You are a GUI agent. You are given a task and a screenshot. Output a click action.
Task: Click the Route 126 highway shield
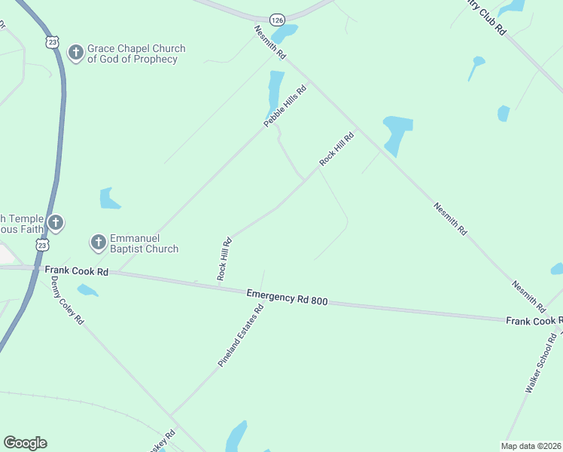pyautogui.click(x=278, y=20)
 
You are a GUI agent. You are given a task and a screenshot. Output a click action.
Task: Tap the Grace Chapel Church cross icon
pyautogui.click(x=75, y=52)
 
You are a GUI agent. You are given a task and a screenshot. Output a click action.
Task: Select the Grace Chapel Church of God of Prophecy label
pyautogui.click(x=136, y=53)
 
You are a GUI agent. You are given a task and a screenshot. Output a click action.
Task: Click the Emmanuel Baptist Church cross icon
pyautogui.click(x=98, y=242)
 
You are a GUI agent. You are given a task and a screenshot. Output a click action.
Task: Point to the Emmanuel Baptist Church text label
pyautogui.click(x=145, y=243)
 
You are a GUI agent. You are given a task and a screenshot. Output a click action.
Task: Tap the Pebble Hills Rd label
pyautogui.click(x=285, y=105)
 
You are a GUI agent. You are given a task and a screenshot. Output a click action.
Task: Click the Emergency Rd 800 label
pyautogui.click(x=288, y=298)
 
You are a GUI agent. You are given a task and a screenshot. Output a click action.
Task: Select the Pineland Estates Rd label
pyautogui.click(x=241, y=335)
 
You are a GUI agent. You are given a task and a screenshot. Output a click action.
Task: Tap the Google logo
pyautogui.click(x=25, y=443)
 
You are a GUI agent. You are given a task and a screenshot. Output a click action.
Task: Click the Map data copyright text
pyautogui.click(x=531, y=445)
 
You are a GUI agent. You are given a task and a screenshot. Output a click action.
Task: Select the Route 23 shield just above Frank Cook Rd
pyautogui.click(x=43, y=246)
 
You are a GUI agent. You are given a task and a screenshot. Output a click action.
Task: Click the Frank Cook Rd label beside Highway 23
pyautogui.click(x=77, y=270)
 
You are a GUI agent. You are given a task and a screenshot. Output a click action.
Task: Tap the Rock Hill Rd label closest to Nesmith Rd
pyautogui.click(x=336, y=148)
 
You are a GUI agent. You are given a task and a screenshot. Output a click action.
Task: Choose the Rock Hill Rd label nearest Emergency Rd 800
pyautogui.click(x=224, y=259)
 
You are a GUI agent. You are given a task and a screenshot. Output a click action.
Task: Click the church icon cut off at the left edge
pyautogui.click(x=55, y=222)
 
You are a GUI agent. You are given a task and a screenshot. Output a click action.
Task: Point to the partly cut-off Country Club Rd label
pyautogui.click(x=486, y=17)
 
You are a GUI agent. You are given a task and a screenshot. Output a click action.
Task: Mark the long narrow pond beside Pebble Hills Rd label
pyautogui.click(x=275, y=92)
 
